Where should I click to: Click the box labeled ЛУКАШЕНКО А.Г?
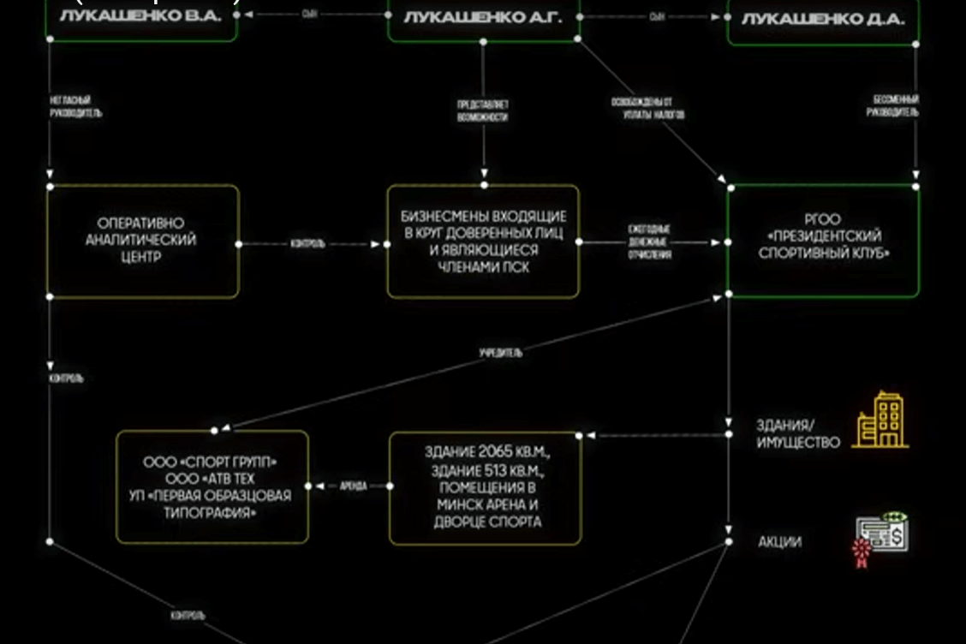pos(483,17)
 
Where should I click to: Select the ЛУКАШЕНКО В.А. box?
pos(142,17)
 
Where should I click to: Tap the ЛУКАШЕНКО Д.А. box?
pos(823,19)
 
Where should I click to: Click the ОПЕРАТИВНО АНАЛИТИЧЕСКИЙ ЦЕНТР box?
pos(142,241)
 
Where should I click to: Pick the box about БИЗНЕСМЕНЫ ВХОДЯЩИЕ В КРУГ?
pos(483,241)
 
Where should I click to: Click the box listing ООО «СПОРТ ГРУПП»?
pos(212,486)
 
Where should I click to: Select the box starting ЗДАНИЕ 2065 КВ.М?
pos(486,486)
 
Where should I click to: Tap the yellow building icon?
pos(880,420)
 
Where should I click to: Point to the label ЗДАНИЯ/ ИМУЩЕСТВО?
pos(797,433)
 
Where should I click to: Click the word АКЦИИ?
pos(779,542)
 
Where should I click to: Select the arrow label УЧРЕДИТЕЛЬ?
pos(501,352)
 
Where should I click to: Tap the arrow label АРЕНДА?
pos(353,486)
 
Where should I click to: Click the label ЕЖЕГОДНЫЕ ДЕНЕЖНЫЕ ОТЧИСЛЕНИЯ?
pos(650,242)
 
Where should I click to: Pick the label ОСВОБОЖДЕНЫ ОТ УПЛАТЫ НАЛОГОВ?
pos(647,108)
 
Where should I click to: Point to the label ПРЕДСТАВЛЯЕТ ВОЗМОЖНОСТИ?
pos(483,110)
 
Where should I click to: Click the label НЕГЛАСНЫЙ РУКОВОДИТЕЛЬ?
pos(75,107)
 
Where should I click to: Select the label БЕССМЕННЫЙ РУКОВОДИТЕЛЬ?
pos(896,105)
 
